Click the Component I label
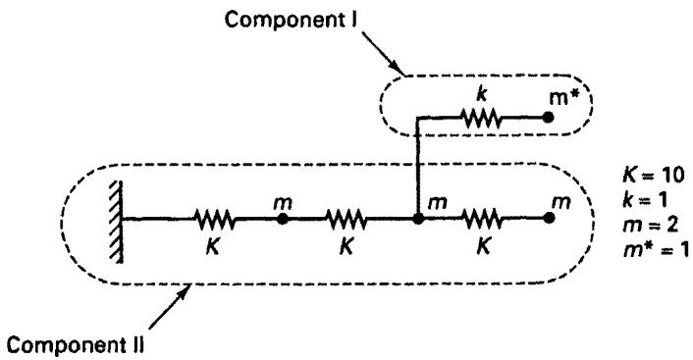292,20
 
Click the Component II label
76,345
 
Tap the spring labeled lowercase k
481,118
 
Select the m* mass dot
548,118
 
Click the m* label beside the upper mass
564,98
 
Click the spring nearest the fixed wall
214,219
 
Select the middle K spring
346,219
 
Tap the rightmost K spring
481,219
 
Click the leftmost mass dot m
283,219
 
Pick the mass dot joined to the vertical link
417,219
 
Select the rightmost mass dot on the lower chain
549,218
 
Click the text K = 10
653,176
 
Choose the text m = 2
650,226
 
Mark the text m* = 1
656,250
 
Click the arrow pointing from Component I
384,53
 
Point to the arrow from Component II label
170,306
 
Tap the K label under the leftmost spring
213,247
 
